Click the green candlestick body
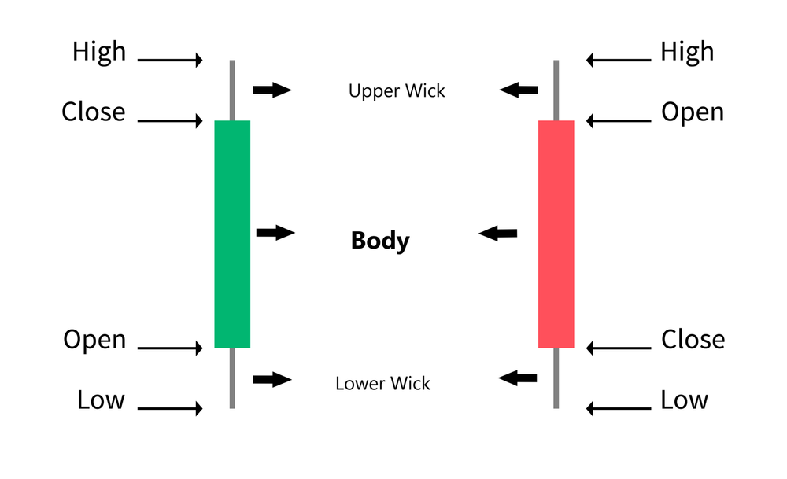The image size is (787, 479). click(232, 234)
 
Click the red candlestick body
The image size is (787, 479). click(556, 234)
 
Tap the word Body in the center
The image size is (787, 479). click(380, 240)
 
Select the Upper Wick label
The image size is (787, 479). click(397, 90)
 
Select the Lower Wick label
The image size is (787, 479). click(382, 384)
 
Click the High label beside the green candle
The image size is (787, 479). click(99, 51)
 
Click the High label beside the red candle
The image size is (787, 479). click(687, 51)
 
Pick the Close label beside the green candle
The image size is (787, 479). click(94, 112)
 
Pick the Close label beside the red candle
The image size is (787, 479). click(693, 339)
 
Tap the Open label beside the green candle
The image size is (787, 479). click(94, 340)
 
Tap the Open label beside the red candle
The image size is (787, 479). click(692, 112)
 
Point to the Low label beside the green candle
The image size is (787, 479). click(101, 400)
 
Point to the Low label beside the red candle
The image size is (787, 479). click(684, 400)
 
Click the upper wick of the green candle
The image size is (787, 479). click(232, 90)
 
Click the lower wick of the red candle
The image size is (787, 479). click(556, 378)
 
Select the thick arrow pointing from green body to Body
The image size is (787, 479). click(275, 232)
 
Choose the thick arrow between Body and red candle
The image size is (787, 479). click(499, 233)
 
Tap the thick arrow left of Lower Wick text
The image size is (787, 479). click(272, 379)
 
